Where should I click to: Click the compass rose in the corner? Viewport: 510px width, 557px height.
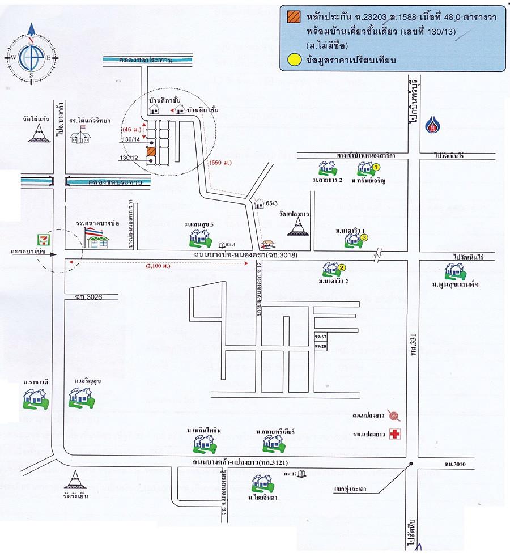(x=31, y=52)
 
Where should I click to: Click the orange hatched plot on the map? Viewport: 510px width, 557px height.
(x=151, y=152)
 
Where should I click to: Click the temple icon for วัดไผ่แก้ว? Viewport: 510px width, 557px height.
(x=37, y=133)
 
